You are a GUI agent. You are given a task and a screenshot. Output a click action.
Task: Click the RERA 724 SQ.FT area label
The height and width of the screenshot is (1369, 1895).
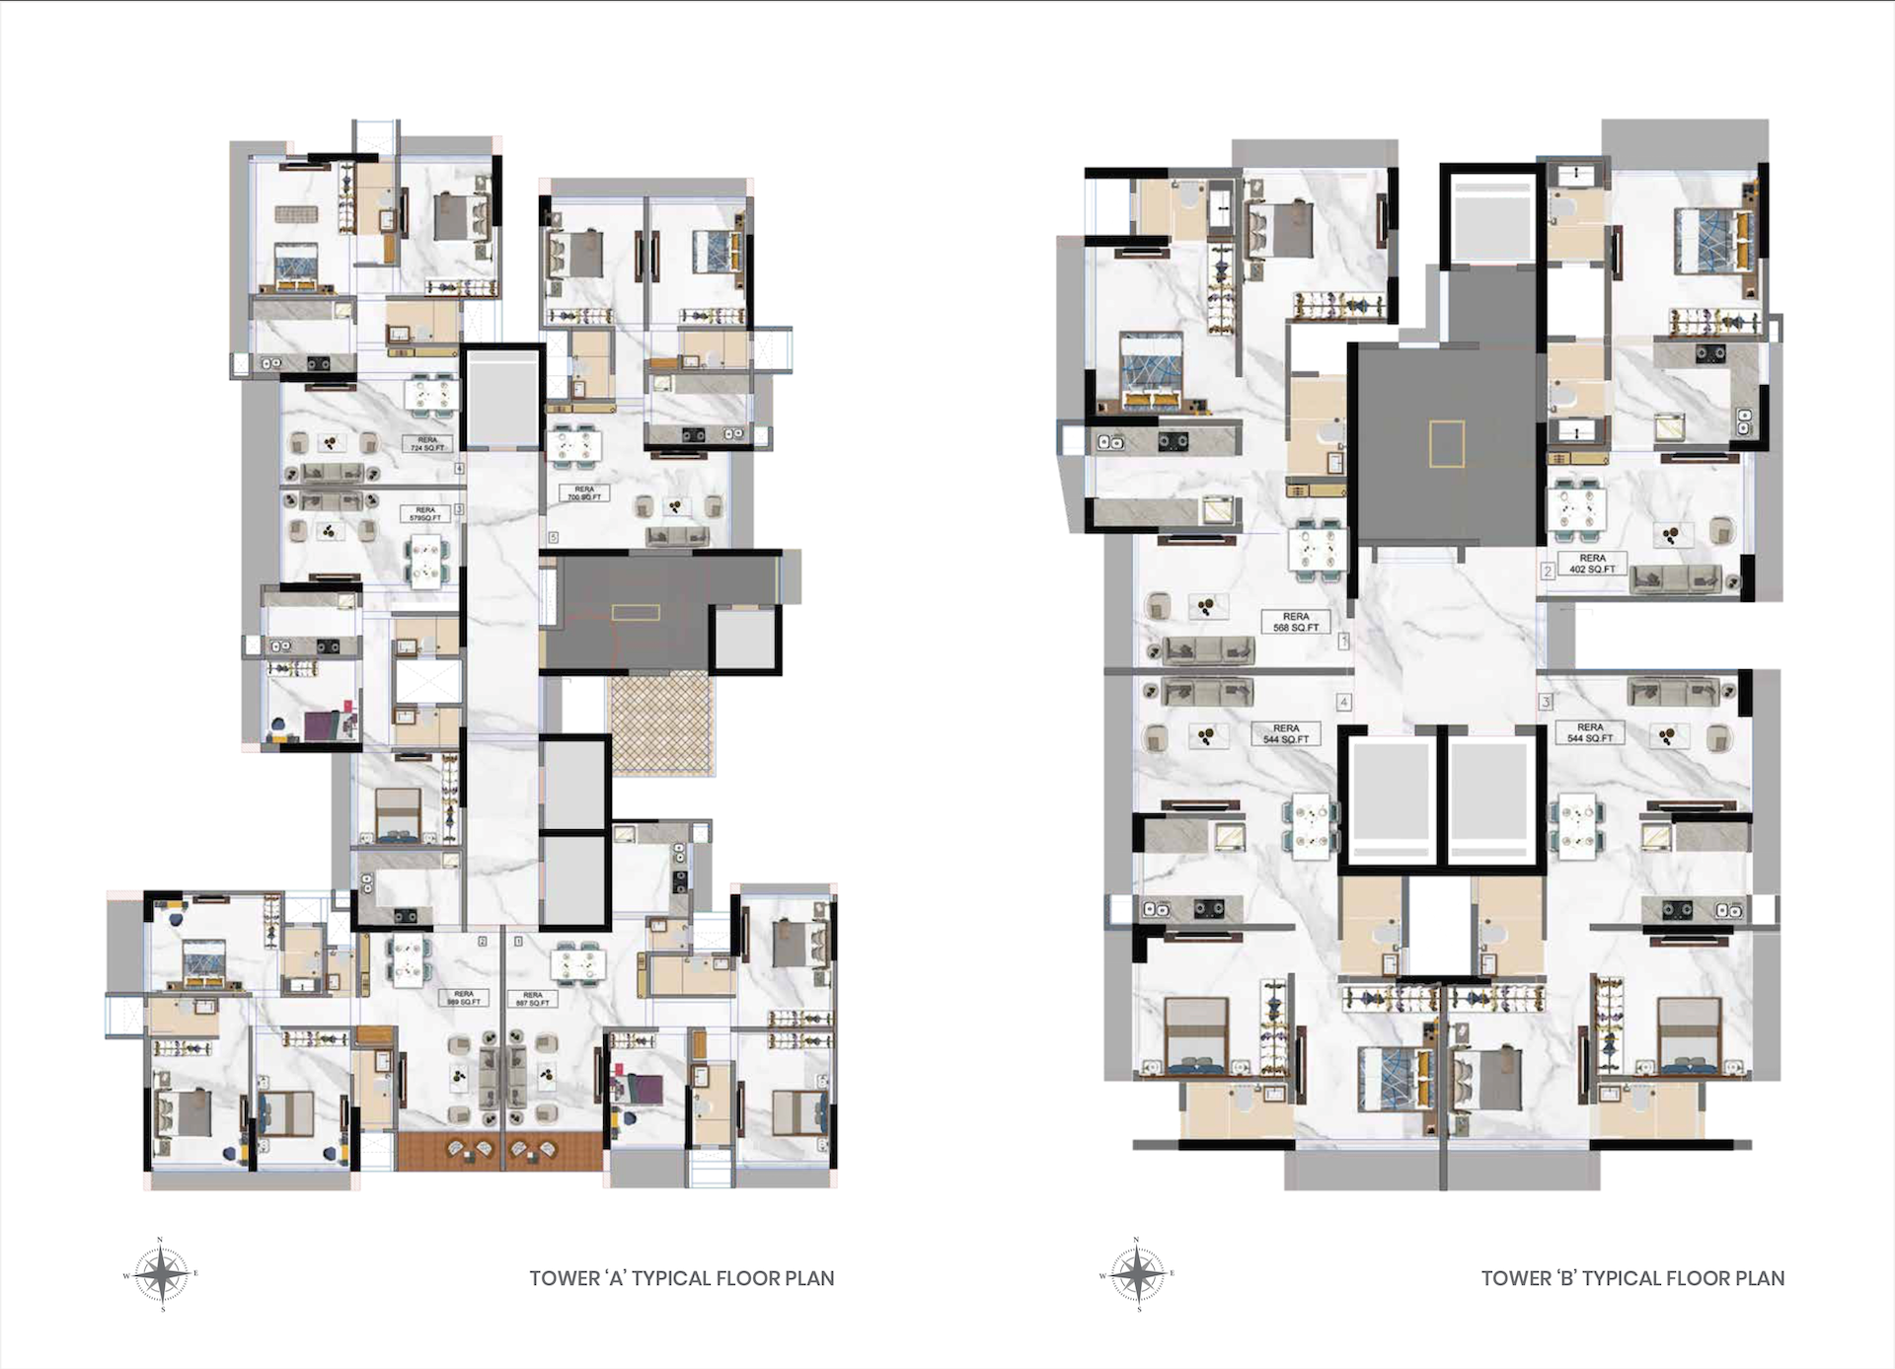click(x=427, y=443)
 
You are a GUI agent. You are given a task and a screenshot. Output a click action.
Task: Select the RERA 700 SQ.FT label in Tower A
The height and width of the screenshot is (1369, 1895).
click(x=584, y=493)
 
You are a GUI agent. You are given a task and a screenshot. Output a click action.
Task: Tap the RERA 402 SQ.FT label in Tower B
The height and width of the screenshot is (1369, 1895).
click(x=1592, y=564)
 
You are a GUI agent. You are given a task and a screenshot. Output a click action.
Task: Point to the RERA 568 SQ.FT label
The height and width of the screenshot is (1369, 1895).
click(x=1295, y=622)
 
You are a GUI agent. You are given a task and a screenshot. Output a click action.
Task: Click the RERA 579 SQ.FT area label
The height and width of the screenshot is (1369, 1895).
click(x=425, y=513)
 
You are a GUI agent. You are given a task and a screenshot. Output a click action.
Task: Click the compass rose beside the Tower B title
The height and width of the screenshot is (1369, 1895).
click(x=1137, y=1274)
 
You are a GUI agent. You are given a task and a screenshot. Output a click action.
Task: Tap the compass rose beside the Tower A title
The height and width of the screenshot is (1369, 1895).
click(x=161, y=1274)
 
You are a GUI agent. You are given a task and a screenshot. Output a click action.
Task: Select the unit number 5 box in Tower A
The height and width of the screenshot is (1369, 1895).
click(x=554, y=538)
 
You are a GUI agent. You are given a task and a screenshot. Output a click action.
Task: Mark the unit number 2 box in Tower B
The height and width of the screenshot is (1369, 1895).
click(x=1548, y=570)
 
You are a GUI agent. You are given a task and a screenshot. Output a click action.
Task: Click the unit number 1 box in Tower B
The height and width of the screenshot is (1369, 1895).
click(x=1343, y=642)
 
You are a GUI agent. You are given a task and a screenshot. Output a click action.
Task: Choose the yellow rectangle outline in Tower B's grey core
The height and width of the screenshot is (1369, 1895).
click(x=1446, y=443)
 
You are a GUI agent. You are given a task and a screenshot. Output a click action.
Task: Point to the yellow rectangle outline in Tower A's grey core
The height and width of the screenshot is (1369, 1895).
click(x=636, y=613)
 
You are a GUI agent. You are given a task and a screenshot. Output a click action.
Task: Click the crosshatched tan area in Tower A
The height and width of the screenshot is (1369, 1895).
click(x=660, y=723)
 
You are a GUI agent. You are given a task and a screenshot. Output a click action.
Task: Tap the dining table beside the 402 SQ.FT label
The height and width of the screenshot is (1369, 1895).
click(x=1575, y=511)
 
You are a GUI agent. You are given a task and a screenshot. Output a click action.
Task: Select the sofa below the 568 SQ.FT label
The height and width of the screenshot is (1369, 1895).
click(x=1209, y=649)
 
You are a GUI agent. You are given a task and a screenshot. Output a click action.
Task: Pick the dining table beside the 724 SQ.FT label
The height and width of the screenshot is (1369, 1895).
click(x=431, y=396)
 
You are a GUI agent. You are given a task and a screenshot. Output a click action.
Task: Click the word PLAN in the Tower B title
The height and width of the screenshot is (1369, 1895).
click(x=1760, y=1278)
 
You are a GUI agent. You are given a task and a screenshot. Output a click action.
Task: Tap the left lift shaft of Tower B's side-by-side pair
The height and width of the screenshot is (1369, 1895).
click(x=1391, y=802)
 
